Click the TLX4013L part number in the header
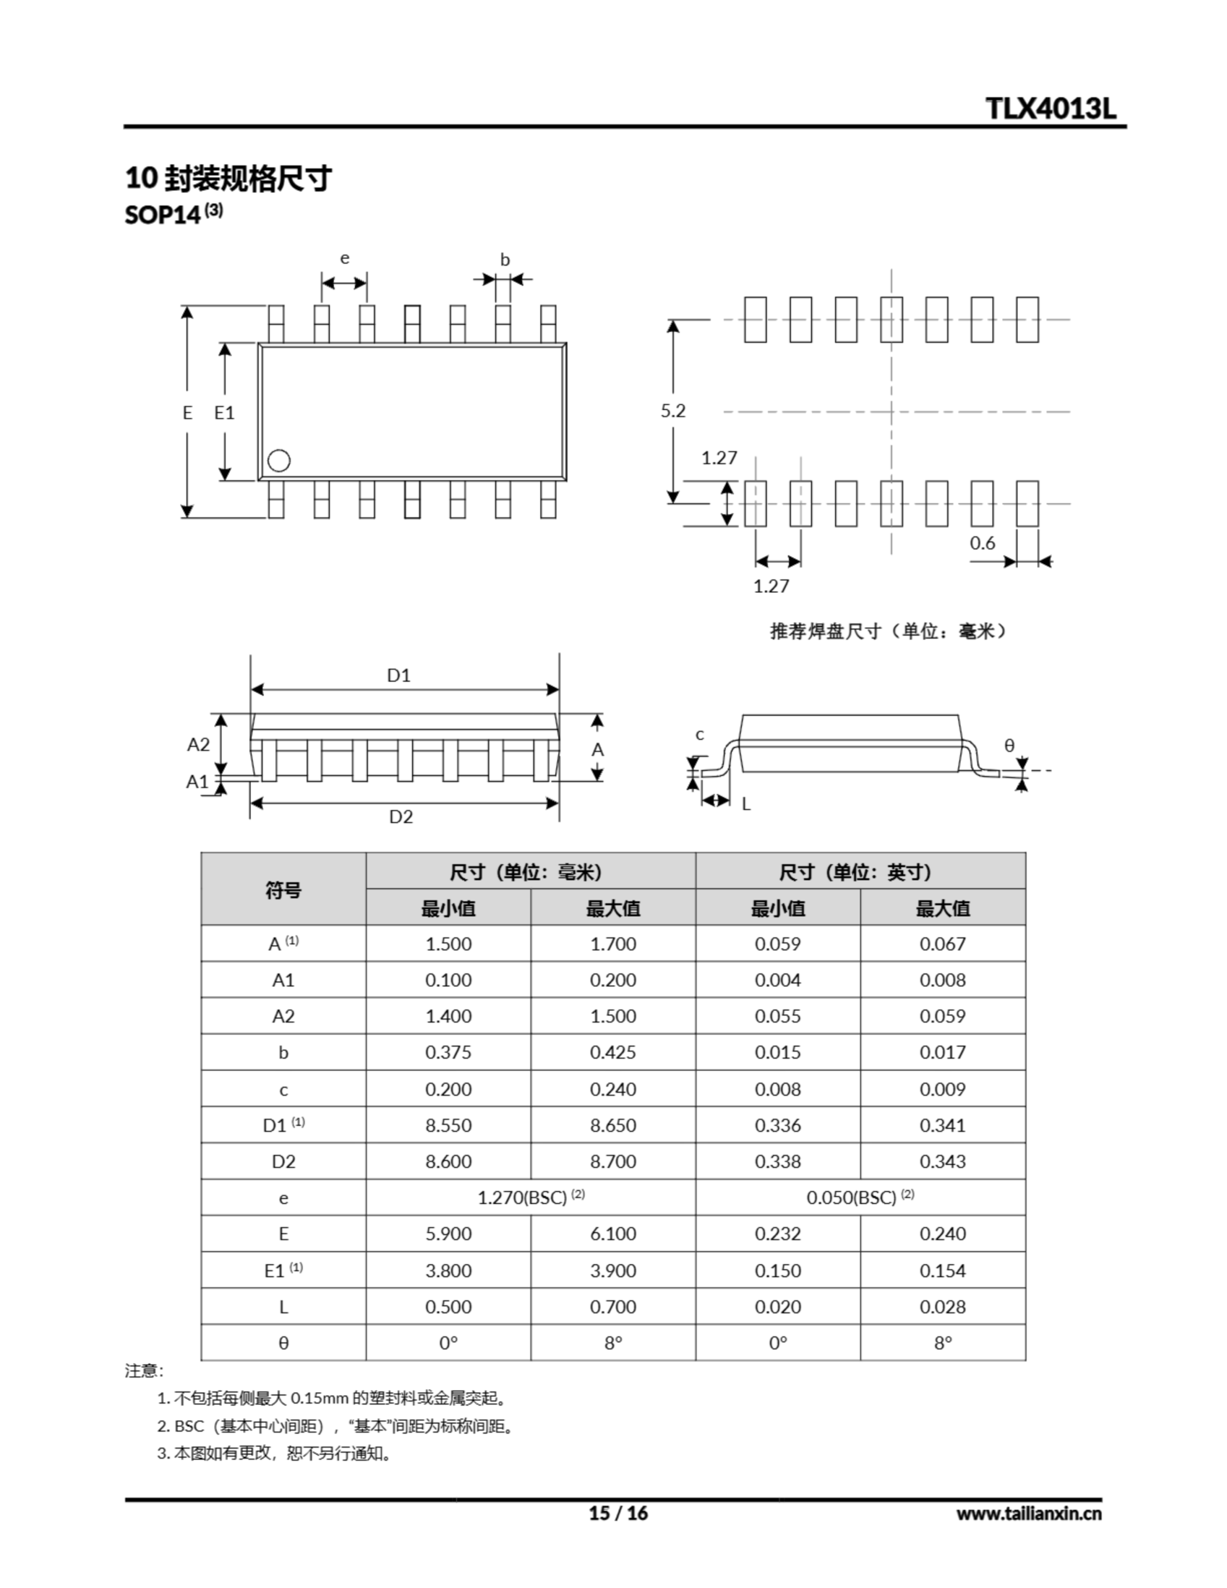[1050, 109]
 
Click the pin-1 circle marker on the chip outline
[279, 460]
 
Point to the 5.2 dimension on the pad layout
[673, 411]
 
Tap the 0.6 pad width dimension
[982, 543]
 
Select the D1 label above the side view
[399, 676]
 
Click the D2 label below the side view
[401, 816]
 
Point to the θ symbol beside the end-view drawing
[1009, 745]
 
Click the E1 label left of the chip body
[224, 413]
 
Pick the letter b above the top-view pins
[505, 259]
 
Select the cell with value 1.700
[612, 943]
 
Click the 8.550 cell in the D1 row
[448, 1125]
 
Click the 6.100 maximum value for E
[612, 1234]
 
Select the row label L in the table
[283, 1306]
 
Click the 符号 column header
[283, 890]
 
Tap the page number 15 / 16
[617, 1513]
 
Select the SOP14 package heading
[163, 215]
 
